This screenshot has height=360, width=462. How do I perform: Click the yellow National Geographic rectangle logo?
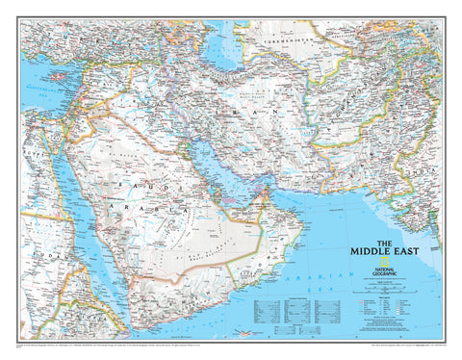click(386, 263)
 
